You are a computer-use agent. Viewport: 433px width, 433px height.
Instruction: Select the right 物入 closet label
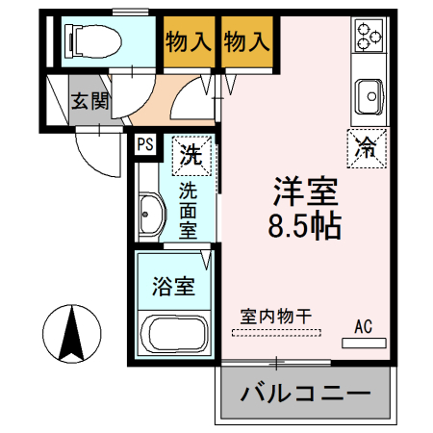[247, 41]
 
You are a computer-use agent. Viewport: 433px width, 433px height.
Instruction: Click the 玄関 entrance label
[89, 101]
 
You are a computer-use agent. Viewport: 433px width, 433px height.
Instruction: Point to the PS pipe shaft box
[145, 144]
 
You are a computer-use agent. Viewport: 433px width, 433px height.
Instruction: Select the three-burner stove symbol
[369, 38]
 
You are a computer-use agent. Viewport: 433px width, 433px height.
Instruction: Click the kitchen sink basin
[369, 95]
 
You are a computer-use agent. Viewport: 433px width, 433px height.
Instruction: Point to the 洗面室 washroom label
[190, 211]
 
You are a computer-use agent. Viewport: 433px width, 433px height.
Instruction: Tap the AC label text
[363, 325]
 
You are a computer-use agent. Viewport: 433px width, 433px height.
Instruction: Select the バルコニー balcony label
[306, 395]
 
